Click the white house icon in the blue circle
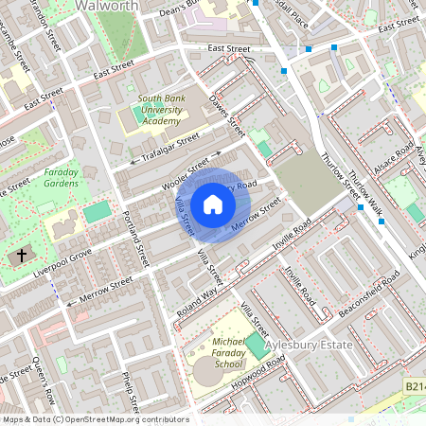click(213, 203)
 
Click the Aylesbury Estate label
click(307, 346)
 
